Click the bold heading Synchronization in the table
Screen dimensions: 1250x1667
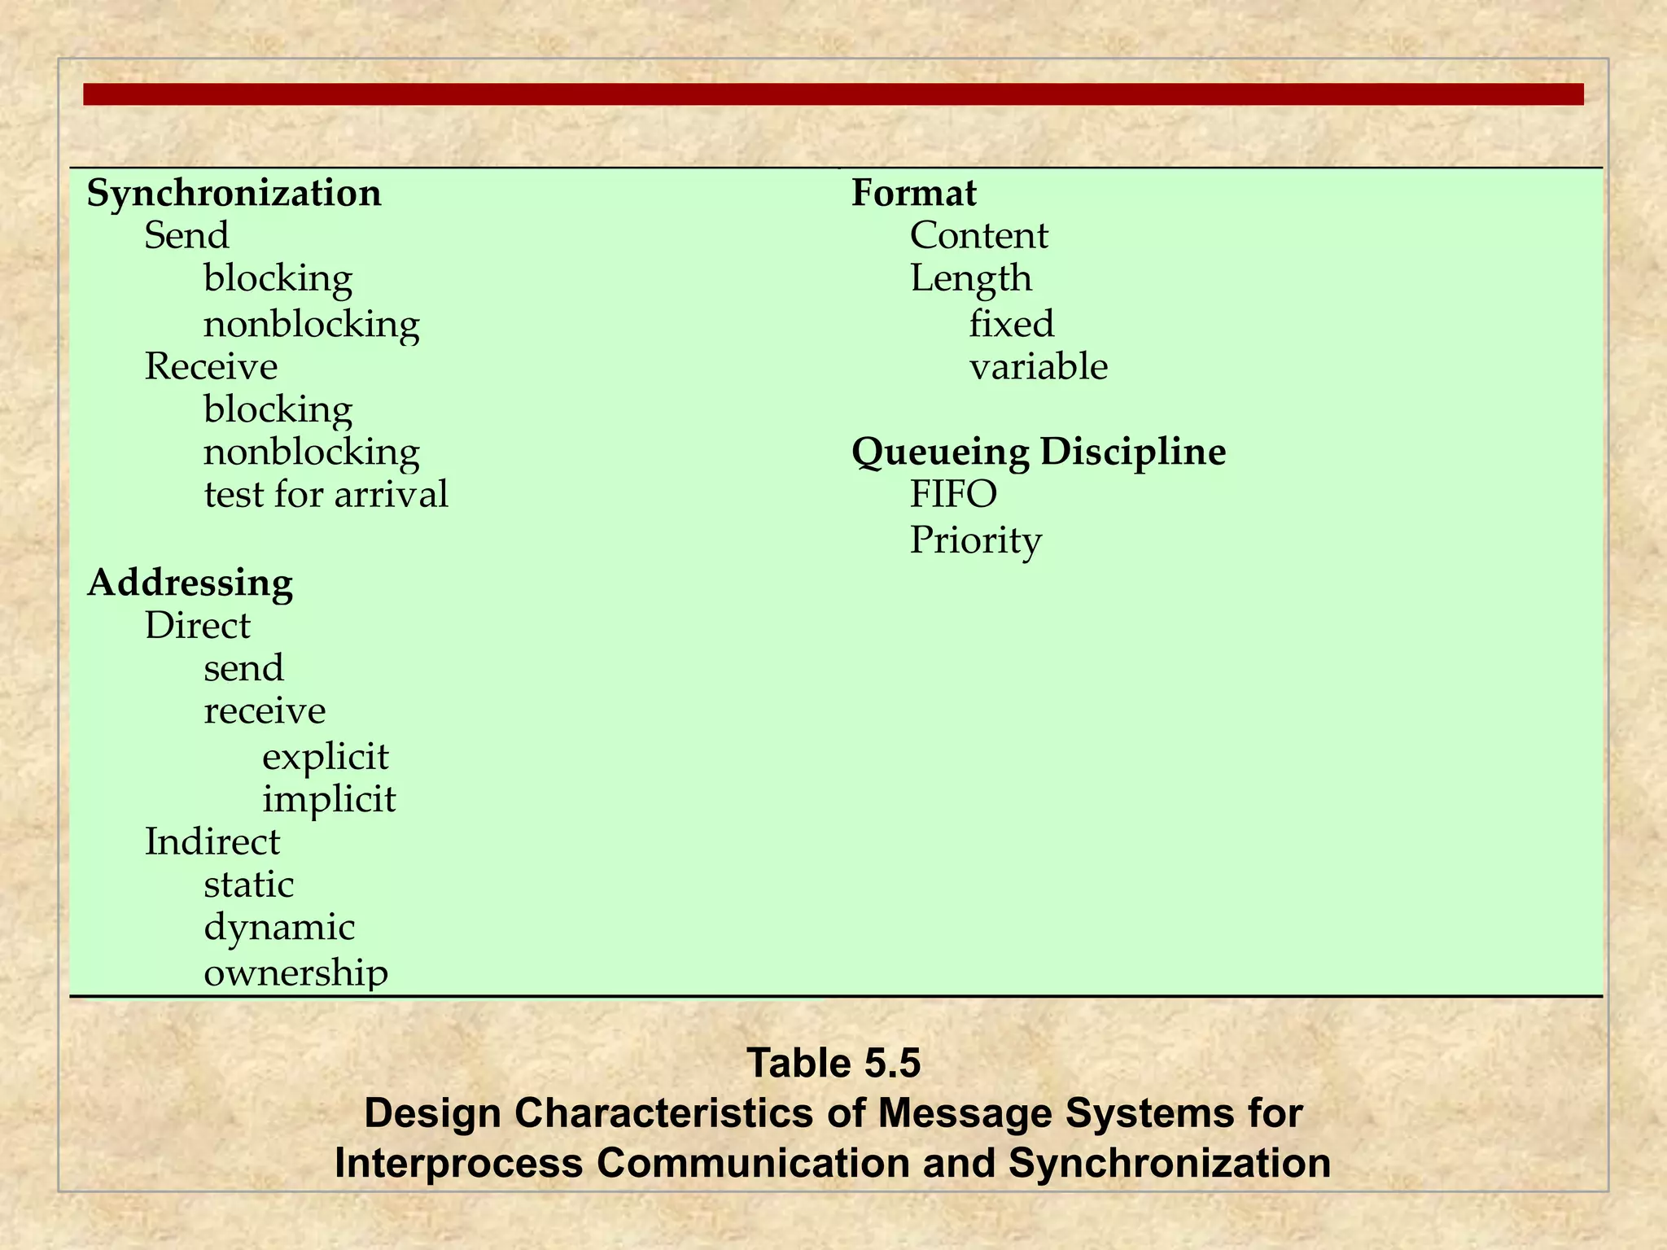(234, 194)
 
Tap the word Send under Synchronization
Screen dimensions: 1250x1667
(186, 236)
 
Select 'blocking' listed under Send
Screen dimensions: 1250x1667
(278, 279)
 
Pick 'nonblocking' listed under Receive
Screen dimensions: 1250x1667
(311, 452)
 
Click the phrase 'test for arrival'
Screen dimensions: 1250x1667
(326, 495)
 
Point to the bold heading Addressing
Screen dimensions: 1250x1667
(190, 583)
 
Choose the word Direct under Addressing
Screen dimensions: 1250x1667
(197, 626)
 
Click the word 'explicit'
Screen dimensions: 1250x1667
(325, 757)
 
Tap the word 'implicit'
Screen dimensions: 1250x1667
(328, 799)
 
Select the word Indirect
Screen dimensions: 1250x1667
(212, 841)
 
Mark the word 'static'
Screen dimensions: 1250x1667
(248, 885)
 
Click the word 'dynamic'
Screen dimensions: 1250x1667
(278, 928)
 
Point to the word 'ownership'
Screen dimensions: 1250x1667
(295, 972)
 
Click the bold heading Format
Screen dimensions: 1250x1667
(913, 194)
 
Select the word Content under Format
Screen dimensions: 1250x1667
(978, 236)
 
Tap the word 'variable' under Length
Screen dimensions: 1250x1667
(1038, 367)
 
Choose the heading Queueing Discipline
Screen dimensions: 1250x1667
(1038, 452)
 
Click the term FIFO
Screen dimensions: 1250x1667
(952, 495)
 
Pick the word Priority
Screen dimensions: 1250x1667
(975, 540)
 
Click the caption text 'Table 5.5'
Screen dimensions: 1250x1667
(833, 1064)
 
